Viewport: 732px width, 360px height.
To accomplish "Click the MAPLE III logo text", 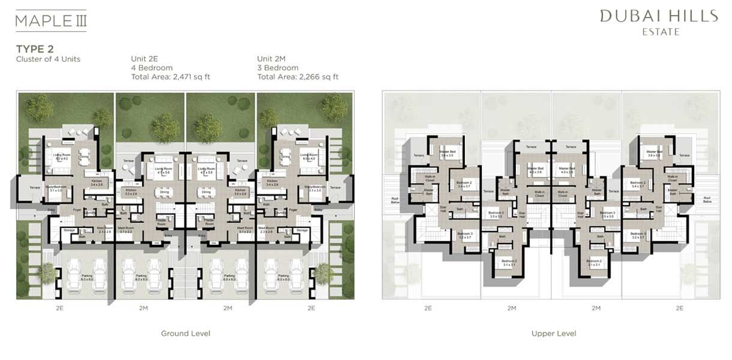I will click(50, 21).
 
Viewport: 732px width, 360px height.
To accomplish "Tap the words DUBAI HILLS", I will click(659, 16).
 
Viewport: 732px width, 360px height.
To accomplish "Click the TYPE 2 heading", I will click(35, 49).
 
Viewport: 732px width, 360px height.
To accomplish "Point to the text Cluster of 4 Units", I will click(48, 59).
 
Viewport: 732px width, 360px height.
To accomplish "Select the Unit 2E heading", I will click(145, 59).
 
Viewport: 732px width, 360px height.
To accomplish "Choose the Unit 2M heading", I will click(272, 59).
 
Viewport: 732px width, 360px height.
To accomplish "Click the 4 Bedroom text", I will click(152, 68).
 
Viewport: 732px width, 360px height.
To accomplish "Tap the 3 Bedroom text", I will click(278, 68).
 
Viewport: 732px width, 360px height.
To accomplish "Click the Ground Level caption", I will click(185, 334).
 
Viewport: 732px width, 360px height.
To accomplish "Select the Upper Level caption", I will click(553, 334).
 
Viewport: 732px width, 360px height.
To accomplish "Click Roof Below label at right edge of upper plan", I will click(707, 200).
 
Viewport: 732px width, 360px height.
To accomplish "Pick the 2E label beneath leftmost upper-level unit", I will click(428, 308).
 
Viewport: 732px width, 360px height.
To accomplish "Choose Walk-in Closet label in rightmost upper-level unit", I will click(671, 178).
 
